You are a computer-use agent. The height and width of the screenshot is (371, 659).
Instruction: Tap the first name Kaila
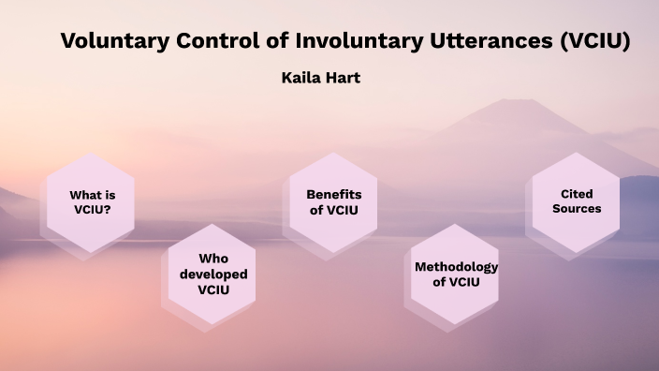point(302,78)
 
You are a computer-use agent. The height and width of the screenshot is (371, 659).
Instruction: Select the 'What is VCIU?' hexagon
point(91,202)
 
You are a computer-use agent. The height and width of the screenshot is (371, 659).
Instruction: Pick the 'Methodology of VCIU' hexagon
point(456,275)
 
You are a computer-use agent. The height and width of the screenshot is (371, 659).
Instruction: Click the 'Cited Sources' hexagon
point(577,201)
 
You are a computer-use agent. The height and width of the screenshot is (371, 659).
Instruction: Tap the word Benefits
point(334,194)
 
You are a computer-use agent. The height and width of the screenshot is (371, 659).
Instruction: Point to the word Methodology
point(456,266)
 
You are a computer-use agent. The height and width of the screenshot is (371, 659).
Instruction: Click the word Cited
point(577,193)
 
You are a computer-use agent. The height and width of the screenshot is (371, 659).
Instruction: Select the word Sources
point(577,209)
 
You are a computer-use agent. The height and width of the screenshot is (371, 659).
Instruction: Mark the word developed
point(213,275)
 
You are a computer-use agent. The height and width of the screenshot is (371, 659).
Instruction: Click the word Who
point(213,259)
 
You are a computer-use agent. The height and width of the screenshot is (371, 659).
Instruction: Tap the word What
point(84,194)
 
